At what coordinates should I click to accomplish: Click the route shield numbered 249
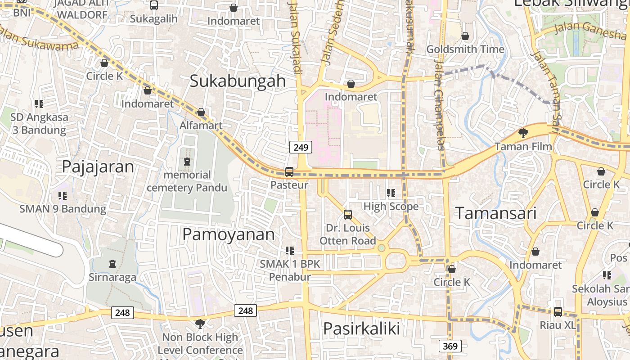pos(301,147)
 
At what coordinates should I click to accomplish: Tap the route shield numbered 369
pos(450,346)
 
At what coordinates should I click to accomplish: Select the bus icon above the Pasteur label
pos(289,172)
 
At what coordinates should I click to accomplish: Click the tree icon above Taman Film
pos(523,133)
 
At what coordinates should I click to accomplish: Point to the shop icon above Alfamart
pos(201,112)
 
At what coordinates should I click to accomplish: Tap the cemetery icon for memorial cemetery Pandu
pos(187,162)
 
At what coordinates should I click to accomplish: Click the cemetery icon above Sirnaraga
pos(112,264)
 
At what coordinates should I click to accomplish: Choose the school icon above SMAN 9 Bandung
pos(63,196)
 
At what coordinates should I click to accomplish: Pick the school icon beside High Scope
pos(391,193)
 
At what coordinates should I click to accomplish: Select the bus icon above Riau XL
pos(558,311)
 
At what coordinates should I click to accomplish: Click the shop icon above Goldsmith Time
pos(465,36)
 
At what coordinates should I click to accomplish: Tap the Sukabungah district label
pos(238,81)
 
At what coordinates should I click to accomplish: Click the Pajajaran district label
pos(98,166)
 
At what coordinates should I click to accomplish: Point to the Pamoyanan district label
pos(228,234)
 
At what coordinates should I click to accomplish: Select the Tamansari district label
pos(496,213)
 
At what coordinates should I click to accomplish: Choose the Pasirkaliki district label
pos(361,328)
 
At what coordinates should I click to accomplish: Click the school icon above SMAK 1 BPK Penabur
pos(290,250)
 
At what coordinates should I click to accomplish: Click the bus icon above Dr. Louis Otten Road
pos(348,214)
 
